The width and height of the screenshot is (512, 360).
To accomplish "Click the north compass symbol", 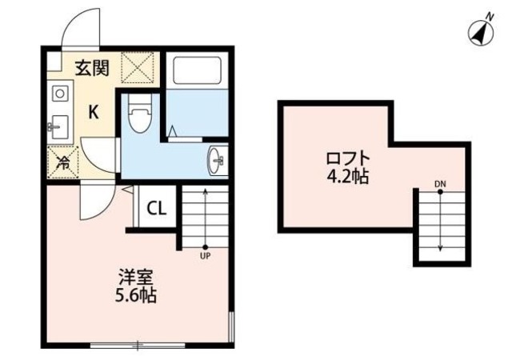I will tap(479, 31).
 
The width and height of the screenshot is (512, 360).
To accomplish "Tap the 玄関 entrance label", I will tap(92, 68).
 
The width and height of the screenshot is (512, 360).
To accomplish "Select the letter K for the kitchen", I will tap(93, 113).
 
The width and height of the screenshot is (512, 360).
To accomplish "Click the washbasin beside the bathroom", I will tap(217, 160).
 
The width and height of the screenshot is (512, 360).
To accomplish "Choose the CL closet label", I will tap(156, 210).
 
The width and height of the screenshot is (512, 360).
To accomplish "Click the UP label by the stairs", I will tap(205, 258).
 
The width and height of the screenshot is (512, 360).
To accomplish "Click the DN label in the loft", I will tap(439, 185).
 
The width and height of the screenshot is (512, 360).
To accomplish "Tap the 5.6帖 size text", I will tap(136, 296).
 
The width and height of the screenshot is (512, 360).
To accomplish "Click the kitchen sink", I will tap(58, 126).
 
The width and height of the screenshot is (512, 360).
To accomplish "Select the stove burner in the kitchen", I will tap(58, 93).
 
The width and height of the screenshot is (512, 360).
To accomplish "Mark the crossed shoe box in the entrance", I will tap(138, 67).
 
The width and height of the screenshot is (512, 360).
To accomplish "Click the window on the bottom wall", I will tap(136, 346).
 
